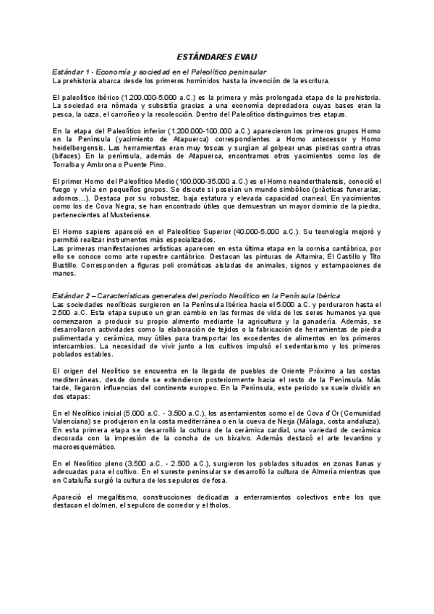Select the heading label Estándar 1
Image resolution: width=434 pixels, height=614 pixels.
(x=73, y=72)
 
